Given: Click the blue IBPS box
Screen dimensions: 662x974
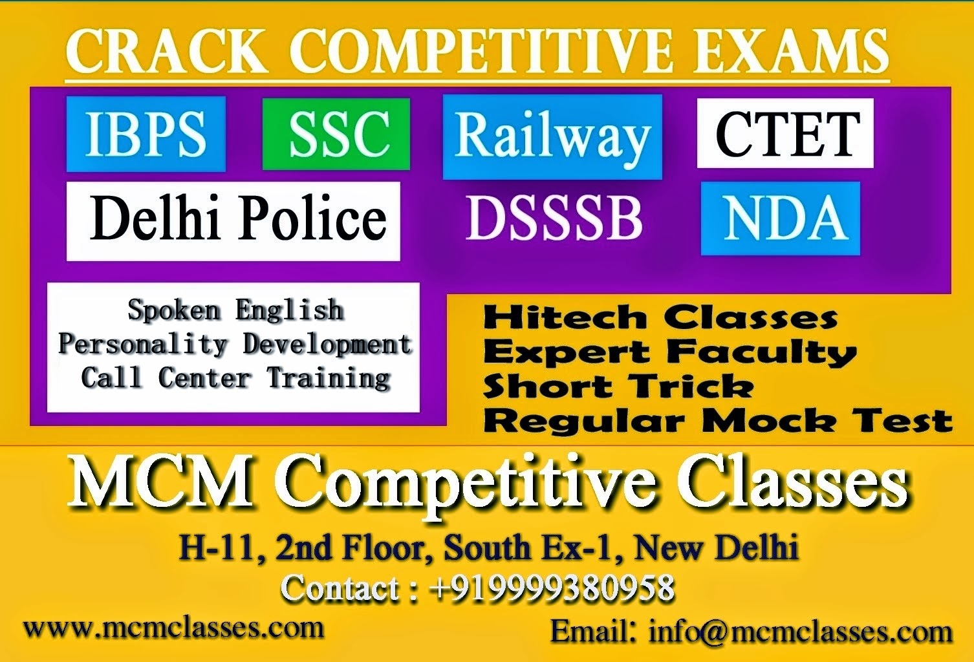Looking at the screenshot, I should pyautogui.click(x=146, y=134).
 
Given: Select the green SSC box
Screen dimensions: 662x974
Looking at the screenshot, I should pyautogui.click(x=336, y=134).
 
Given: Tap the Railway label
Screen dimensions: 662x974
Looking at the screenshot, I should pyautogui.click(x=552, y=136).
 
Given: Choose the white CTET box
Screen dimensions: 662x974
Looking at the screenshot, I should pyautogui.click(x=785, y=133).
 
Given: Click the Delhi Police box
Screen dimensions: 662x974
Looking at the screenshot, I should pyautogui.click(x=233, y=221).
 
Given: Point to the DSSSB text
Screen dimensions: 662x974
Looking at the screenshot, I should pyautogui.click(x=554, y=219).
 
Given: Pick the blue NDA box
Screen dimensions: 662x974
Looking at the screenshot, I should pyautogui.click(x=781, y=219).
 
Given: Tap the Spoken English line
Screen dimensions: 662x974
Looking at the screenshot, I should pyautogui.click(x=235, y=310).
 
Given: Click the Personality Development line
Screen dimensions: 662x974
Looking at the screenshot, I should pyautogui.click(x=235, y=344).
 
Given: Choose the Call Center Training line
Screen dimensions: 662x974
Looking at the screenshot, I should pyautogui.click(x=235, y=378).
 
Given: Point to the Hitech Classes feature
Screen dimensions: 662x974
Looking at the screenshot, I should pyautogui.click(x=660, y=317).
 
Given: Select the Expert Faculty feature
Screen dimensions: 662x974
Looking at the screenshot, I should pyautogui.click(x=669, y=352).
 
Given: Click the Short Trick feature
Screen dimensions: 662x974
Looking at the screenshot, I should pyautogui.click(x=618, y=387).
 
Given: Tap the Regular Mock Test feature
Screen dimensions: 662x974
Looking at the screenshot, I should pyautogui.click(x=717, y=421).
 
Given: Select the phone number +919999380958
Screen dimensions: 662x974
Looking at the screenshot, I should pyautogui.click(x=552, y=588).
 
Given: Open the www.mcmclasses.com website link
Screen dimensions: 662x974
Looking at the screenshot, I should pyautogui.click(x=173, y=628).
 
